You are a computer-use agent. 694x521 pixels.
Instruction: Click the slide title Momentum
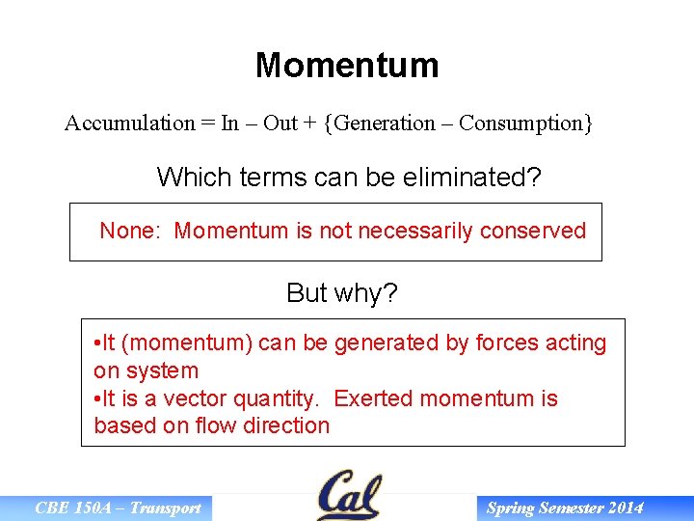347,66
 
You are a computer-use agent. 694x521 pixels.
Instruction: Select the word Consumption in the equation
520,123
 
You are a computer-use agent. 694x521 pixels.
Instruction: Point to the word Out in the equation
280,123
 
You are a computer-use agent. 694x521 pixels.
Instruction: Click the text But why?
341,293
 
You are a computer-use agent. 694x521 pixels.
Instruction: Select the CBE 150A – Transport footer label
118,508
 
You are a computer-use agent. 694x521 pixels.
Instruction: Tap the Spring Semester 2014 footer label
565,508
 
